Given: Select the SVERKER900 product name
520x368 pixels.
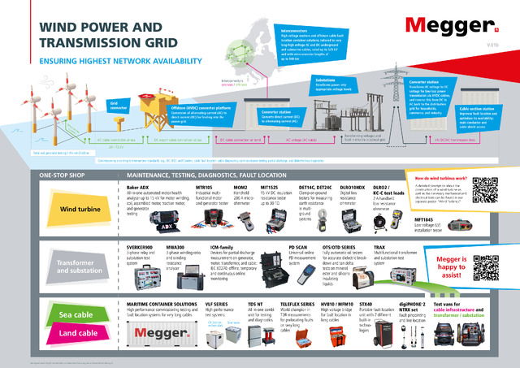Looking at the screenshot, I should click(142, 245).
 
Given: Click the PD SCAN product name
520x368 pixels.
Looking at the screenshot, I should click(299, 245).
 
